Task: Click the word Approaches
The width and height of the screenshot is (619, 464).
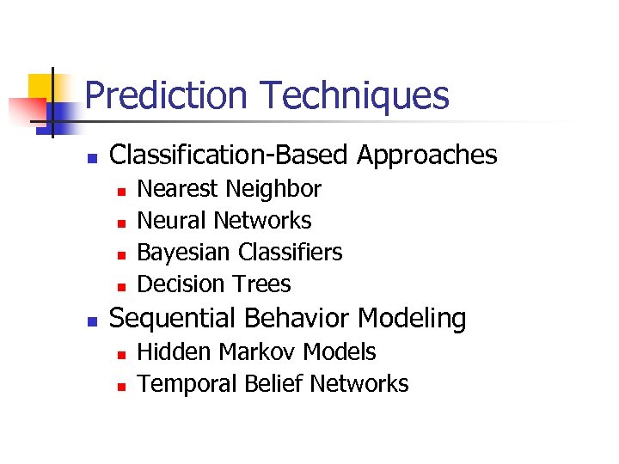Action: pos(426,156)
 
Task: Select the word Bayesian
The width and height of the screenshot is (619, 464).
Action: pos(185,253)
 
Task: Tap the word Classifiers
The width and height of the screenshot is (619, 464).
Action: pos(291,253)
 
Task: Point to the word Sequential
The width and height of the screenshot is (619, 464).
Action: pos(175,319)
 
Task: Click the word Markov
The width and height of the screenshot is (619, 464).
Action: pos(251,352)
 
